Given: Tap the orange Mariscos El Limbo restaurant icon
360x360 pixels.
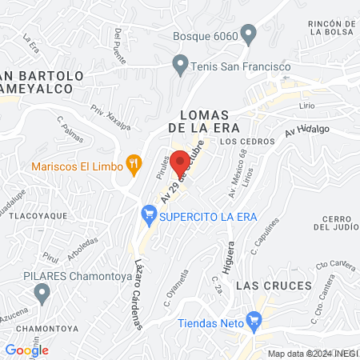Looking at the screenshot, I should [134, 166].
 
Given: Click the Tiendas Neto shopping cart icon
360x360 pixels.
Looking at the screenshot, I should [254, 322].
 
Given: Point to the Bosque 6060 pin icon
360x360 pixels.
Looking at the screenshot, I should [248, 36].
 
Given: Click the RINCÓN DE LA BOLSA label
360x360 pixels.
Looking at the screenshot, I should [331, 30].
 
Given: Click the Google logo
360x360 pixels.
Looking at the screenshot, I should [26, 349].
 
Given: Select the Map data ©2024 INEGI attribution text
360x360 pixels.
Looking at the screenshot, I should [313, 353].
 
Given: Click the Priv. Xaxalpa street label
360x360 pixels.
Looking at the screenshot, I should [110, 116].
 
